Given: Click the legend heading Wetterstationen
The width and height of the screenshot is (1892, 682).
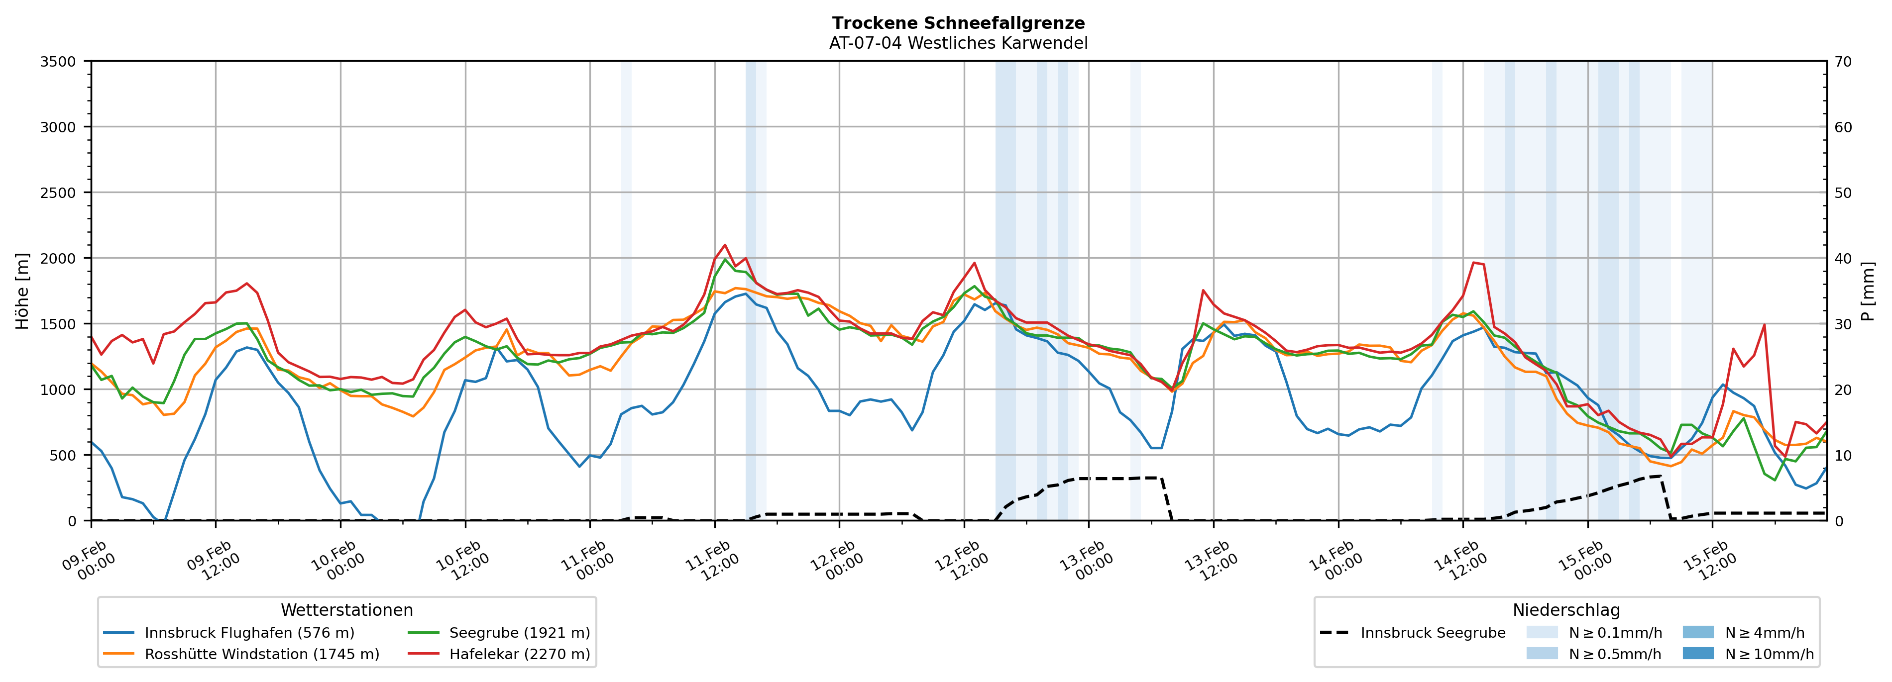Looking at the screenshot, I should click(x=346, y=610).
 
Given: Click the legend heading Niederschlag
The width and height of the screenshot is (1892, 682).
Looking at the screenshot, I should click(x=1566, y=610).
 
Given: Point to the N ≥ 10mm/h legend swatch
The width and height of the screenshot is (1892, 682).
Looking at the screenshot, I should click(x=1698, y=653).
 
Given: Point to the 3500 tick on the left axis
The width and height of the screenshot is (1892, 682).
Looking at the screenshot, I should click(x=58, y=62).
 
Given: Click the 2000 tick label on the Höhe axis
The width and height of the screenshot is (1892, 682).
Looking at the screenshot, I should click(x=58, y=258).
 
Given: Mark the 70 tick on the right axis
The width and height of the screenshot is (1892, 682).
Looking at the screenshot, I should click(x=1843, y=62).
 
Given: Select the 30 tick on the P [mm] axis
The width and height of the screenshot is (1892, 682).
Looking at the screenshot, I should click(x=1843, y=324).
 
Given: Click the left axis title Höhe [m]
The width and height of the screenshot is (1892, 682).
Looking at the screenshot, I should click(x=22, y=291).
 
